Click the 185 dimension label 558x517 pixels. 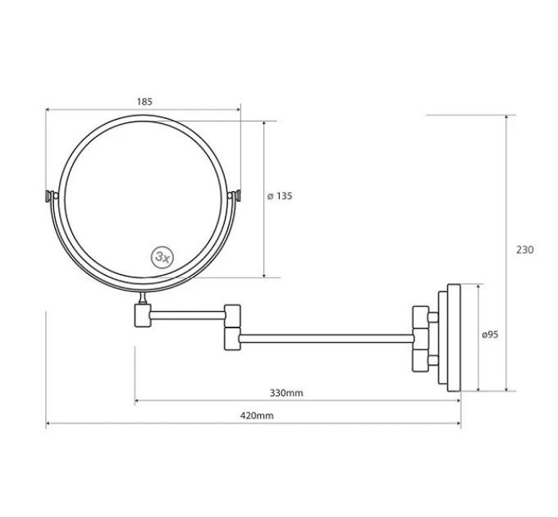coord(144,102)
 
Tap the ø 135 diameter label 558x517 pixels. coord(280,196)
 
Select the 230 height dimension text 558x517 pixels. coord(525,249)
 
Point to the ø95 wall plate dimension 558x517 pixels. coord(490,335)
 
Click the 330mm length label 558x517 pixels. coord(286,393)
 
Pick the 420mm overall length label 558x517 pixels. coord(257,415)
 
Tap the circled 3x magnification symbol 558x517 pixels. coord(162,257)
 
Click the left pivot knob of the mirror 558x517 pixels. coord(49,196)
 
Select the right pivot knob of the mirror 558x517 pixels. coord(237,195)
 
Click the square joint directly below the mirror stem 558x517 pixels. coord(143,315)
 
